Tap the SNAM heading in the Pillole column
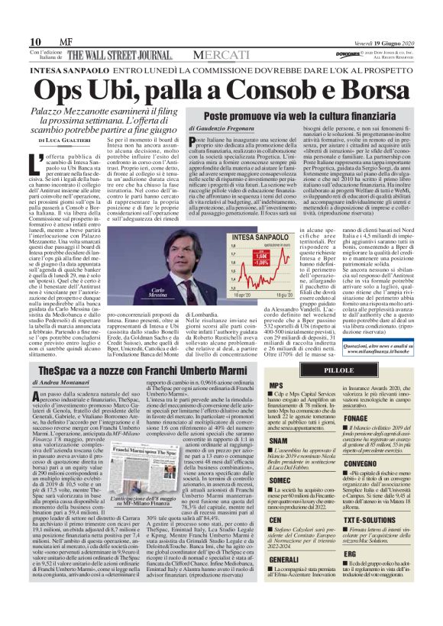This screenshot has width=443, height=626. click(x=279, y=440)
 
